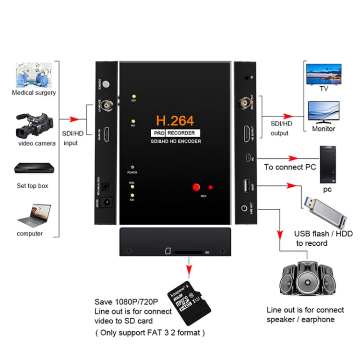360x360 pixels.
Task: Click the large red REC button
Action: [x=196, y=187]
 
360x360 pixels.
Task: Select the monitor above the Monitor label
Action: [x=323, y=113]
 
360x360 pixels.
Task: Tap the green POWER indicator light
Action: [x=132, y=166]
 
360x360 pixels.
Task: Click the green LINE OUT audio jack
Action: [x=246, y=208]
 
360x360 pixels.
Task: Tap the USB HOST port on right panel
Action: [x=246, y=184]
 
